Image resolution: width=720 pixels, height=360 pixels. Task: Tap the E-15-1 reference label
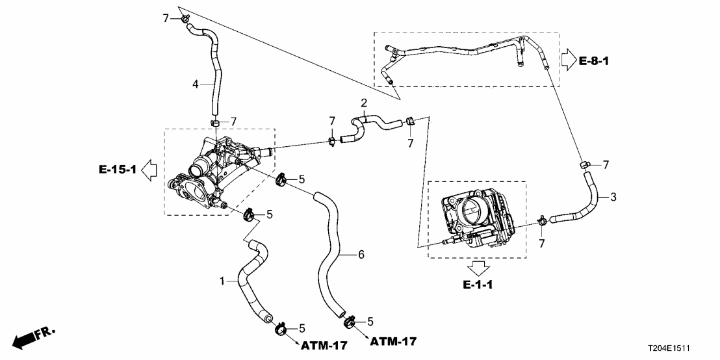118,170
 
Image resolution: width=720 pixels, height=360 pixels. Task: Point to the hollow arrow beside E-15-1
149,170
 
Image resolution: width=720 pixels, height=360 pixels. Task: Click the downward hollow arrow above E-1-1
480,268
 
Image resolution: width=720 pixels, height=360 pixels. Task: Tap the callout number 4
195,83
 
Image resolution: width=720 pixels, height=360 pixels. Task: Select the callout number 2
364,103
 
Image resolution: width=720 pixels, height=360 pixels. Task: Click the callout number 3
613,196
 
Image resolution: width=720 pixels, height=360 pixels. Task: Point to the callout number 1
222,281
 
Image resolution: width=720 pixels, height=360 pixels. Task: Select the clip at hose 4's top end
185,19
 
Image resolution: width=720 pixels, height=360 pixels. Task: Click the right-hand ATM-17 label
392,341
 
